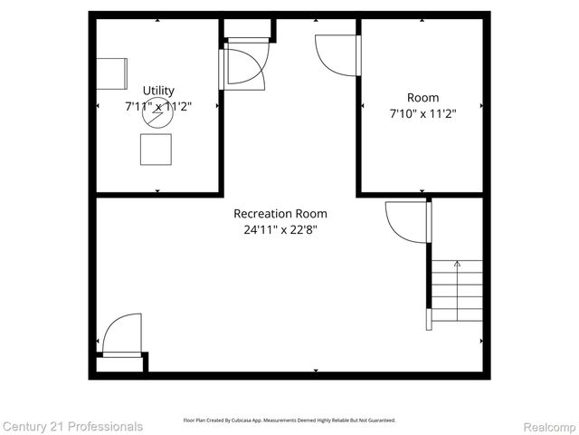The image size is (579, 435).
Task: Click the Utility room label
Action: [157, 91]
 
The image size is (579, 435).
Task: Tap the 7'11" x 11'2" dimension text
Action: [157, 106]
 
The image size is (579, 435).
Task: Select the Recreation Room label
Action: [280, 214]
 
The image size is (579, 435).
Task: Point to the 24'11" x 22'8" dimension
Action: [280, 229]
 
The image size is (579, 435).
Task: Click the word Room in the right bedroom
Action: [422, 98]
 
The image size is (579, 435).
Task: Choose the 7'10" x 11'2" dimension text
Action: [422, 113]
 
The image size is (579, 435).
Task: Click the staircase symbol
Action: [456, 294]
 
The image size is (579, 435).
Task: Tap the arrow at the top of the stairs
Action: [457, 265]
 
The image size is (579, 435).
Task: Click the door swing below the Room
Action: [406, 222]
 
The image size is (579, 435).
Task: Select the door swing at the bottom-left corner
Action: [122, 334]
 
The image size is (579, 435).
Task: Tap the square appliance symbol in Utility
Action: [156, 149]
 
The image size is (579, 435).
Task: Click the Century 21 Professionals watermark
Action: [72, 426]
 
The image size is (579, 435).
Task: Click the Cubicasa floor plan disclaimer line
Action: [289, 420]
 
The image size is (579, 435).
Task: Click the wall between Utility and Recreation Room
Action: [158, 194]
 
